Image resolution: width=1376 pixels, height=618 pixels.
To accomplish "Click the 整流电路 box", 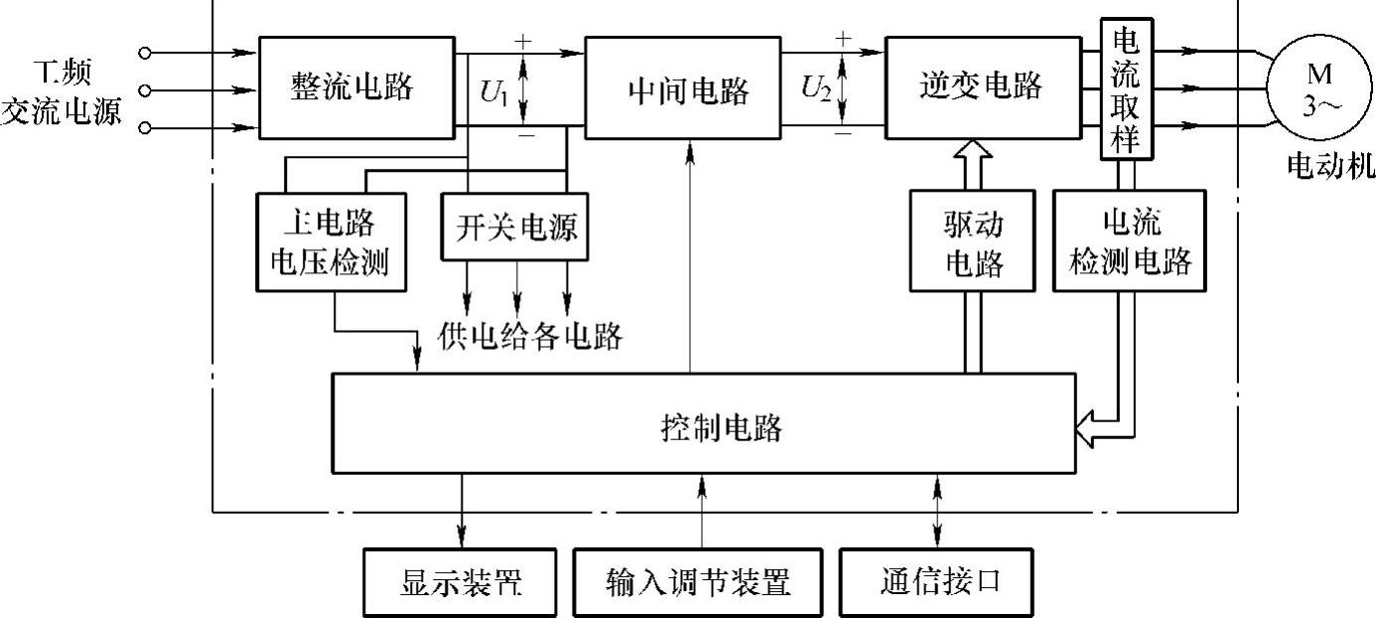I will pos(352,87).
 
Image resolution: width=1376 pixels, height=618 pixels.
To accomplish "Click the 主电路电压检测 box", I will pos(331,241).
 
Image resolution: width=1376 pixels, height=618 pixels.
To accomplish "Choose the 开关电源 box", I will pos(516,228).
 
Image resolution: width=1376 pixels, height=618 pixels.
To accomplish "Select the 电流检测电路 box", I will pos(1129,241).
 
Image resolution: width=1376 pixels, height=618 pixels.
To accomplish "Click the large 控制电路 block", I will pos(703,424).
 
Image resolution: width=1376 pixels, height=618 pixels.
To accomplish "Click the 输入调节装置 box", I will pos(698,582).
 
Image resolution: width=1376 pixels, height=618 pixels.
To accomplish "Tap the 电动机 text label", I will pos(1330,166).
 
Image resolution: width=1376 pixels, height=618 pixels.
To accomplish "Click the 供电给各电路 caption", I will pos(530,337).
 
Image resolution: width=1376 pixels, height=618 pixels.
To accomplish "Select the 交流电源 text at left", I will pos(62,111).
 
